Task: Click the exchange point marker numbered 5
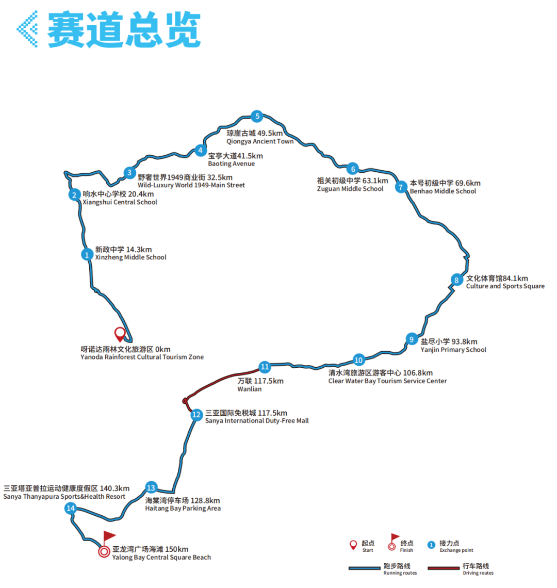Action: [256, 116]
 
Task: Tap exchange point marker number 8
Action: [456, 280]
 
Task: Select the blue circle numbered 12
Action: [196, 415]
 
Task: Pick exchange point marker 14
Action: [71, 509]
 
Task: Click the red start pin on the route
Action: [120, 334]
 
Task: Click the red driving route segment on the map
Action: [222, 382]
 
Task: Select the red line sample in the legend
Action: [439, 568]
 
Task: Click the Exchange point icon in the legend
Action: [432, 545]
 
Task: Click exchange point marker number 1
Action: [87, 254]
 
